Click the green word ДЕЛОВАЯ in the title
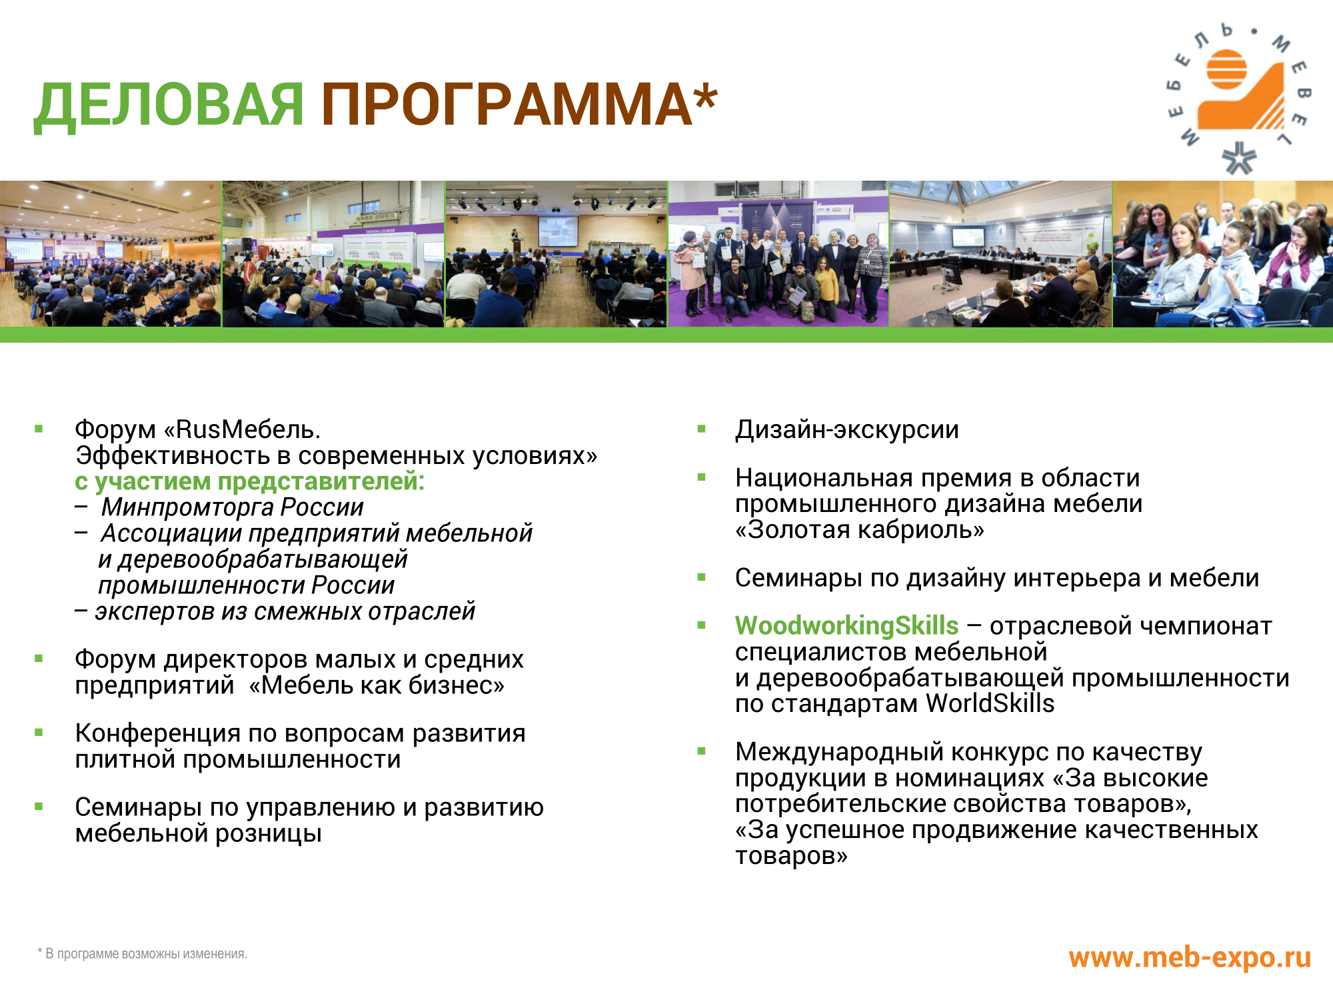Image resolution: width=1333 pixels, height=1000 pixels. point(169,105)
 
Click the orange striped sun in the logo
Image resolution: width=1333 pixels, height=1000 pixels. point(1226,69)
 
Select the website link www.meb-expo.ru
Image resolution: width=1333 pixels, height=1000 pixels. point(1190,957)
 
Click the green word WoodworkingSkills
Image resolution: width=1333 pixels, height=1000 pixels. point(846,625)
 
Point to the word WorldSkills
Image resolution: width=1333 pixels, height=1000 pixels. point(990,703)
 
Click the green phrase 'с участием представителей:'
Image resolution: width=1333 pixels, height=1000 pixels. point(249,481)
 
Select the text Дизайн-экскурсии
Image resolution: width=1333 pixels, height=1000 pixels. point(846,430)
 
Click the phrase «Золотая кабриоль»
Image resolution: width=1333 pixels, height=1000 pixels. point(860,529)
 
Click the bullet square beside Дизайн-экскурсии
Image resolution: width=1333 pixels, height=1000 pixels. point(701,429)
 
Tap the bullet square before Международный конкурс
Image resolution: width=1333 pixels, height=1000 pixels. point(701,751)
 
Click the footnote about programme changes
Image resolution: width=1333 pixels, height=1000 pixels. point(143,954)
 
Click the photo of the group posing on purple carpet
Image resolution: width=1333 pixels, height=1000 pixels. point(778,253)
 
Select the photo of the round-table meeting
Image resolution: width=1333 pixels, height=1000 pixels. point(1000,253)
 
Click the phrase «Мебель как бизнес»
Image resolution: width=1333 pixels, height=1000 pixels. point(377,685)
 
